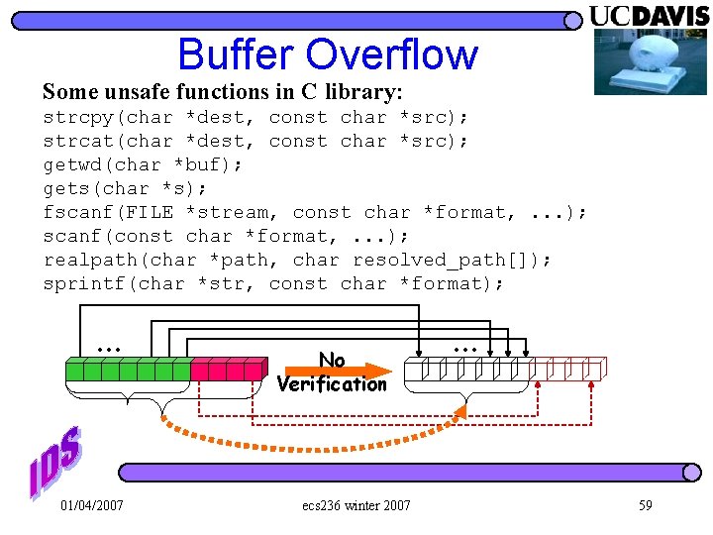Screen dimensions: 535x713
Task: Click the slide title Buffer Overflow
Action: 327,54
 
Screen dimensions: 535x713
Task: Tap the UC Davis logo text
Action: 649,16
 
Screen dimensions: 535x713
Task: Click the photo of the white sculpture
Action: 650,61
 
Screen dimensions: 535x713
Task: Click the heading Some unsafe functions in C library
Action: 223,92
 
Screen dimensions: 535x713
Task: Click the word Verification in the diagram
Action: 332,384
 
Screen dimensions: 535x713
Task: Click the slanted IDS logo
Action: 54,463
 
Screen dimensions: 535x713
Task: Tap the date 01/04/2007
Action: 92,505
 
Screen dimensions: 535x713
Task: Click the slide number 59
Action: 645,505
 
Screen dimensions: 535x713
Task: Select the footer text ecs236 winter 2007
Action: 356,505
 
